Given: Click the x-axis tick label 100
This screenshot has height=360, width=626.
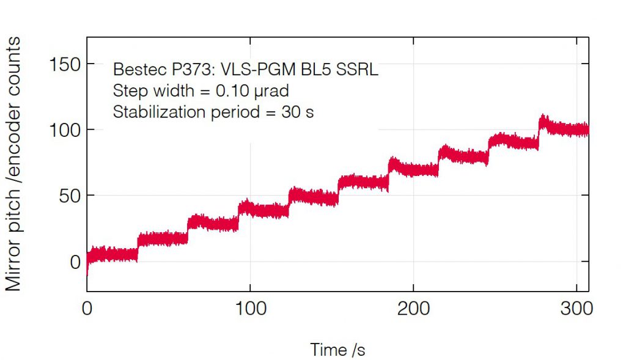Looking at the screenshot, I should [251, 309].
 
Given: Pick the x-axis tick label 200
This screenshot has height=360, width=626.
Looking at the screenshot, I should [414, 309].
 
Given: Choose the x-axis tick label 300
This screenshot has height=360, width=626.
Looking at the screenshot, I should [577, 309].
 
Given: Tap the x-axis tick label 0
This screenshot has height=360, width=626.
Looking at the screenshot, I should [87, 309].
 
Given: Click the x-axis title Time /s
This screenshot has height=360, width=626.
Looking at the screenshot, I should [337, 350].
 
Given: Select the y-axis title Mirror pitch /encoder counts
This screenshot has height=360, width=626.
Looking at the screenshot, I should [14, 164].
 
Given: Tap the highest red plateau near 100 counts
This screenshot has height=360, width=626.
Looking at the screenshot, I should [565, 128].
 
